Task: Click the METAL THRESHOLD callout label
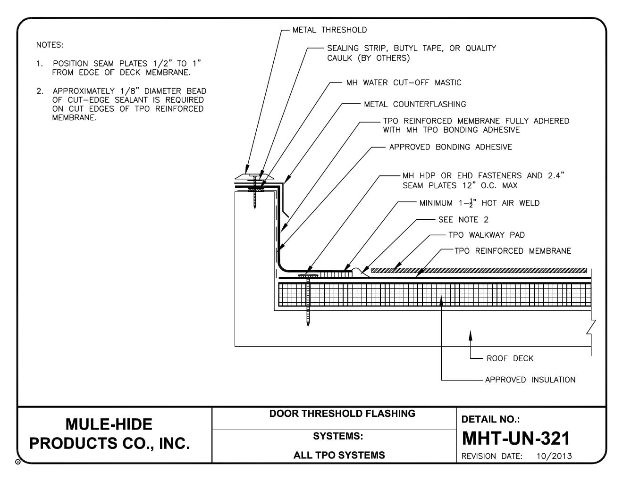point(329,30)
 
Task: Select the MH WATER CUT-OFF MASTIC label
point(404,83)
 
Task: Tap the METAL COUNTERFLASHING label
point(415,104)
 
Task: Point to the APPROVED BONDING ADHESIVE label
point(450,147)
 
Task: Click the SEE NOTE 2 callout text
point(463,219)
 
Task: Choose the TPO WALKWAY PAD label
point(487,235)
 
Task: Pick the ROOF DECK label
point(510,358)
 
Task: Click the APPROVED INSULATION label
point(530,380)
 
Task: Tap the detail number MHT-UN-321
point(516,438)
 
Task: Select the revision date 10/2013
point(554,456)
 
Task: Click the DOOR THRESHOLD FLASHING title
point(342,414)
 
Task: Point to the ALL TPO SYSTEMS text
point(339,455)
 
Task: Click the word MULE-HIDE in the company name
point(109,424)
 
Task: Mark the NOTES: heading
point(50,45)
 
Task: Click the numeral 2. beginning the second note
point(40,91)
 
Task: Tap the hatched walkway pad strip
point(479,270)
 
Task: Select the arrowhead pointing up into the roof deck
point(471,335)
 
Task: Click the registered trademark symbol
point(18,462)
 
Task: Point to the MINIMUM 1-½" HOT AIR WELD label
point(480,203)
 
